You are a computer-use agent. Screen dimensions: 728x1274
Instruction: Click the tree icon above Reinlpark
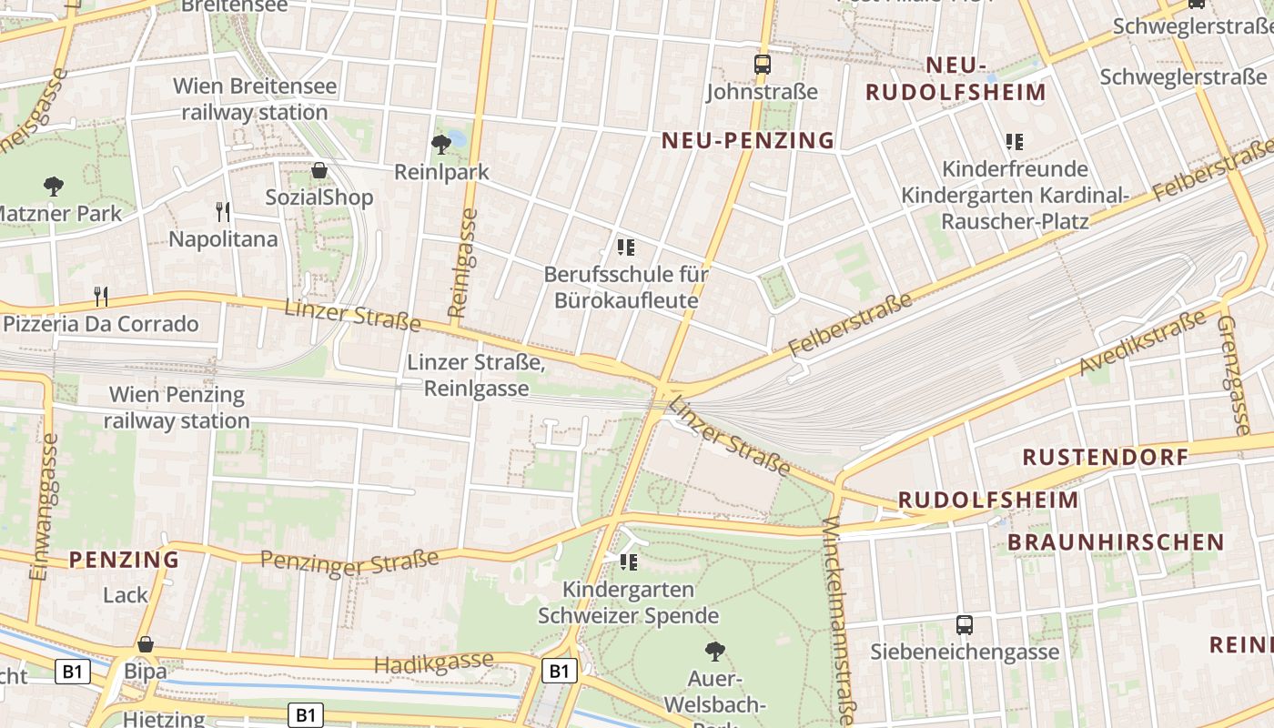point(441,143)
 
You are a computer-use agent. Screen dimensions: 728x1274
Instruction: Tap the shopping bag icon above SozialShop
point(319,170)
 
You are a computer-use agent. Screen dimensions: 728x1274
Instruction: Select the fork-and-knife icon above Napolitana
point(223,212)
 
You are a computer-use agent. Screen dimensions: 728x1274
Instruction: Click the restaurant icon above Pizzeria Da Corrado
point(101,296)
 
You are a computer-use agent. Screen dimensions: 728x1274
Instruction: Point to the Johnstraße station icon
point(763,65)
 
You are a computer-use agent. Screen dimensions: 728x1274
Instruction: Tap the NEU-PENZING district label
point(748,140)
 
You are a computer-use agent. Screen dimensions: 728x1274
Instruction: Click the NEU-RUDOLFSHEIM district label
point(955,79)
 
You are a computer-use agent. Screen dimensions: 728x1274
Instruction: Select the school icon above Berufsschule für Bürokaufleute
point(626,247)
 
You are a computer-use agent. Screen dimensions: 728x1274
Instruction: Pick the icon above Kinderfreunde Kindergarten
point(1015,142)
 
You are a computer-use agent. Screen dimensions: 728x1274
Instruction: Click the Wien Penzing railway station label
point(177,408)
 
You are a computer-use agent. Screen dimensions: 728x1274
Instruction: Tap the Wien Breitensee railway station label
point(255,100)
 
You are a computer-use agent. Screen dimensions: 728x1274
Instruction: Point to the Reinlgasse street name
point(465,262)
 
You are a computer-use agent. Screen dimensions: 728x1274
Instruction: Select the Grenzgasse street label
point(1235,374)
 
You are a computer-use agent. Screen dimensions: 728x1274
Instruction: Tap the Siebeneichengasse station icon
point(965,625)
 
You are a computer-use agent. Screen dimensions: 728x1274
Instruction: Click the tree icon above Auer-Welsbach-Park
point(715,651)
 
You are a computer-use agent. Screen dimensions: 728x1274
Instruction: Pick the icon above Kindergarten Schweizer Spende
point(628,562)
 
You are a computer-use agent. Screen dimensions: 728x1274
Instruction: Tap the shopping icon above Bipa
point(145,644)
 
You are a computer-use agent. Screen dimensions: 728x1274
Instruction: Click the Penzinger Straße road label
point(349,561)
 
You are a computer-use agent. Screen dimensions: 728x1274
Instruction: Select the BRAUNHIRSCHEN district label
point(1116,542)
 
